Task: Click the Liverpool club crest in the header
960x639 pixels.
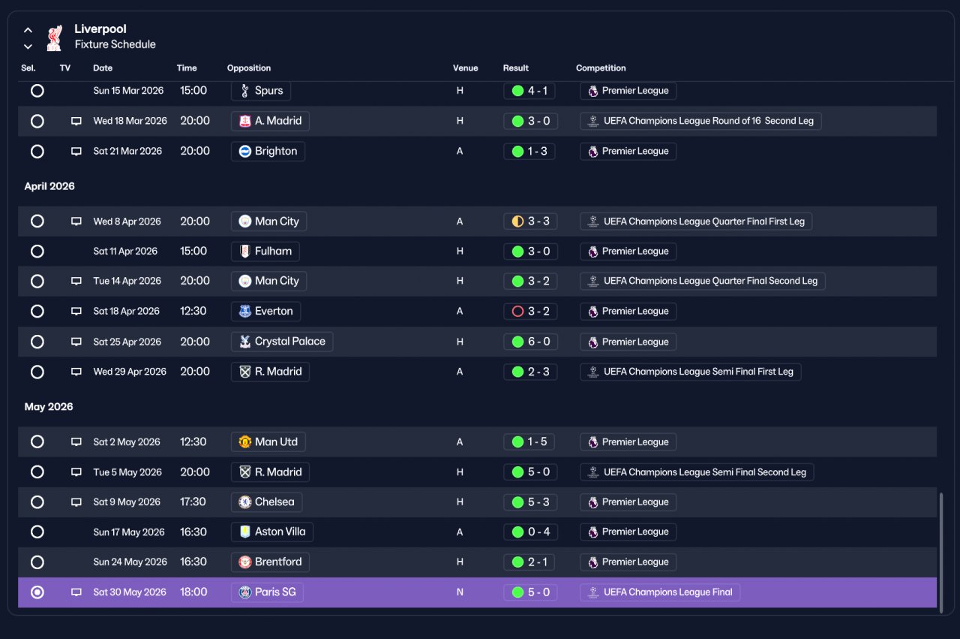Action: [x=55, y=38]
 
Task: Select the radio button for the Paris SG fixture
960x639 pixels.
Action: [x=37, y=592]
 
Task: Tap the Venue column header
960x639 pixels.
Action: [x=465, y=68]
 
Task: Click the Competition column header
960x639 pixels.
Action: [x=601, y=68]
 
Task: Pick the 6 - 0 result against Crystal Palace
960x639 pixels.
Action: [x=530, y=342]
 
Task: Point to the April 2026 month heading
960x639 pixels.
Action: [x=49, y=186]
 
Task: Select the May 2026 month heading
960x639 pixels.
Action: [x=49, y=407]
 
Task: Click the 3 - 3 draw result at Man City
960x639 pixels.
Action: [x=530, y=221]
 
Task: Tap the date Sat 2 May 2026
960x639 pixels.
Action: [x=127, y=442]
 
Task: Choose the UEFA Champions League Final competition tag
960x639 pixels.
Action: [x=660, y=592]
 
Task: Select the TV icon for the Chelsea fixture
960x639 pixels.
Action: [x=76, y=502]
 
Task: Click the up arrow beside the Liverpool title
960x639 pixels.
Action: [x=28, y=30]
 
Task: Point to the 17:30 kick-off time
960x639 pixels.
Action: [x=193, y=502]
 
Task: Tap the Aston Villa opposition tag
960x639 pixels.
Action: [x=272, y=532]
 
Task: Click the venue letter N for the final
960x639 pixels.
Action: [x=460, y=592]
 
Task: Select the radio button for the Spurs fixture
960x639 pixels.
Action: [x=37, y=91]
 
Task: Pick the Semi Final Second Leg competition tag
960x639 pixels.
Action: [x=697, y=472]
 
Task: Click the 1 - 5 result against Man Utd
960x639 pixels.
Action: [x=529, y=442]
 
